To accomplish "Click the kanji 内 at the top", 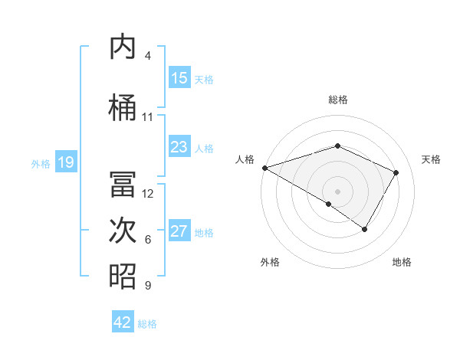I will point(123,47).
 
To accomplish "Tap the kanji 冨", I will point(123,185).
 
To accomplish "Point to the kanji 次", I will point(123,231).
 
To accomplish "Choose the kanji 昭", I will point(123,276).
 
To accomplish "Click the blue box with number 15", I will point(179,78).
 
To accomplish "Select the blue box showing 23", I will point(179,147).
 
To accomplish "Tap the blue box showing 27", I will point(179,231).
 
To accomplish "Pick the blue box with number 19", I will point(66,162).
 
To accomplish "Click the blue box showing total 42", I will point(123,322).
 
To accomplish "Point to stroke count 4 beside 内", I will point(148,56).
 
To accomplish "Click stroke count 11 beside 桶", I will point(148,117).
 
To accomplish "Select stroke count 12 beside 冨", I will point(148,194).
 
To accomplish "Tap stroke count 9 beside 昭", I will point(148,286).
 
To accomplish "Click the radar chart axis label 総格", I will point(337,100).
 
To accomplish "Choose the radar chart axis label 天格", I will point(431,159).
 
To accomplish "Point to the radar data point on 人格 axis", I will point(264,167).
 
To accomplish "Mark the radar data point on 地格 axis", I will point(365,229).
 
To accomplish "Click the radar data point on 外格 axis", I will point(329,204).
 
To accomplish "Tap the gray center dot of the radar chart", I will point(337,191).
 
